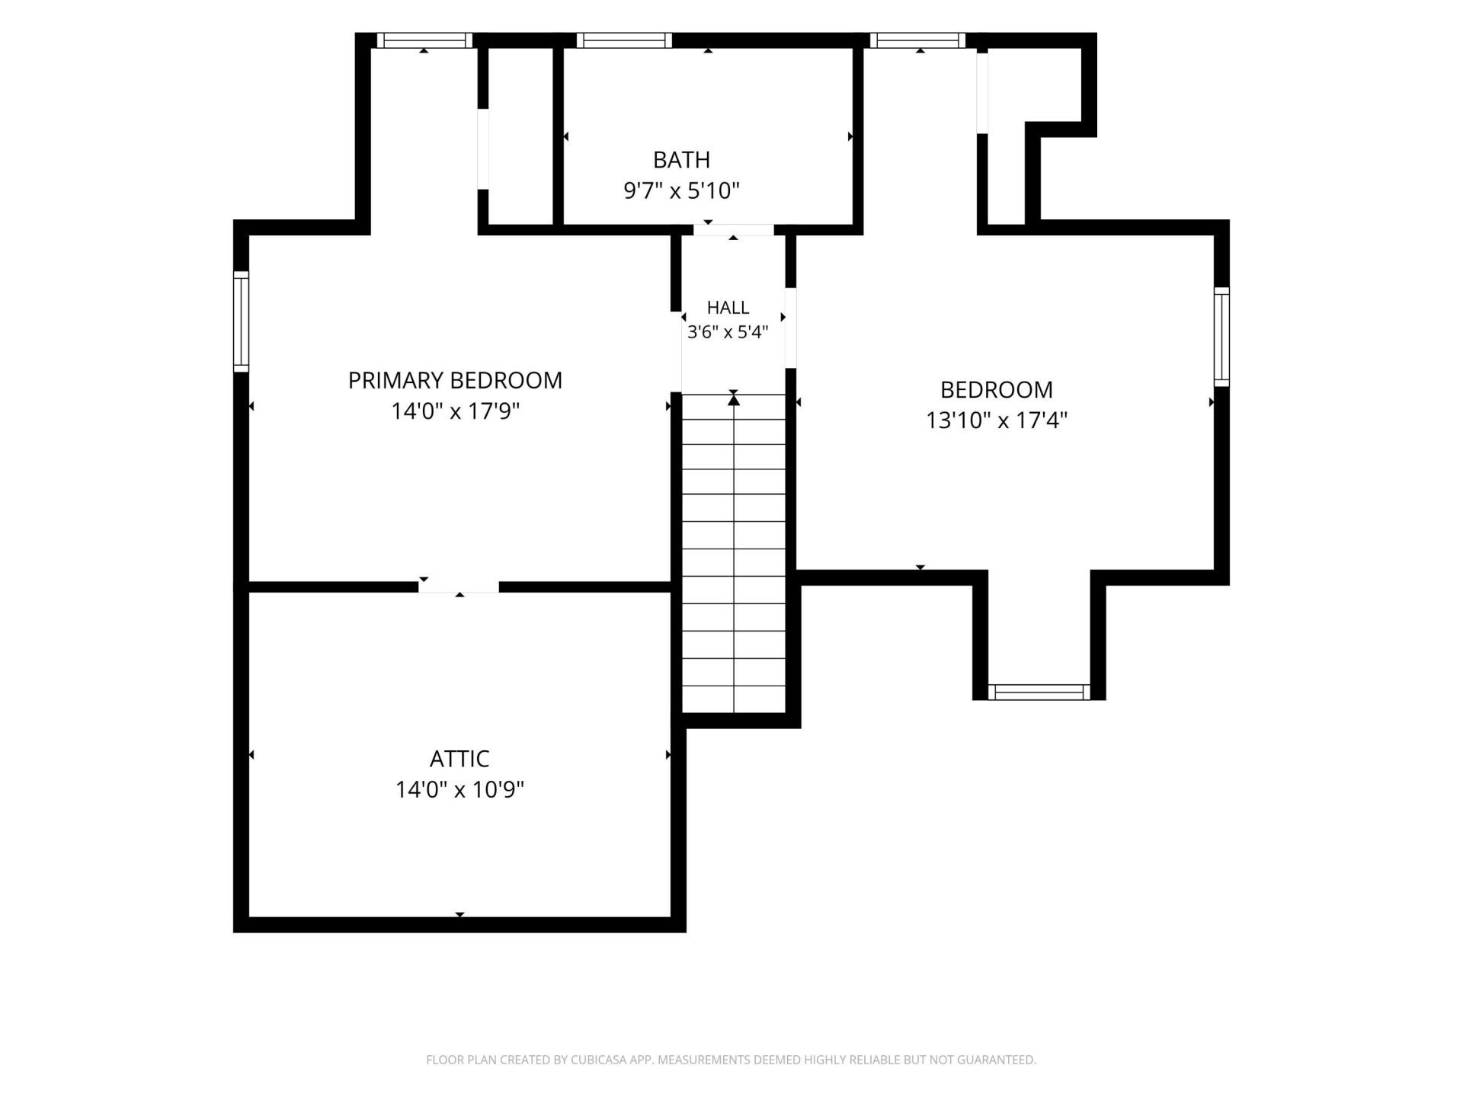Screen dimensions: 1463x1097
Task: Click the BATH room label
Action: pyautogui.click(x=681, y=160)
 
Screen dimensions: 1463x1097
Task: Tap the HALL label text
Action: pyautogui.click(x=728, y=308)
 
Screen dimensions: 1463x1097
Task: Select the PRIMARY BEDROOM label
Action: pyautogui.click(x=455, y=380)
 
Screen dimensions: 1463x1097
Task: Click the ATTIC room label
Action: pyautogui.click(x=459, y=759)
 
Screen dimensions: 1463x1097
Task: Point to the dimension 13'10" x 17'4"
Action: pyautogui.click(x=997, y=421)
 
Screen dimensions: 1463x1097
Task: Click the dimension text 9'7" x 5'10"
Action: pyautogui.click(x=682, y=190)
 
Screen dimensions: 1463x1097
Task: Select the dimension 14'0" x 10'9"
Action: pyautogui.click(x=459, y=789)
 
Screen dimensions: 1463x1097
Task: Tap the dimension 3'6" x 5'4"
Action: pyautogui.click(x=728, y=332)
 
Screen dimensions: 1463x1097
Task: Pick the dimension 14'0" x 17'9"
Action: pyautogui.click(x=455, y=411)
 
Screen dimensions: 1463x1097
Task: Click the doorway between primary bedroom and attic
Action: pyautogui.click(x=459, y=587)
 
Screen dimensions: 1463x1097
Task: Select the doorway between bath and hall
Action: pyautogui.click(x=733, y=230)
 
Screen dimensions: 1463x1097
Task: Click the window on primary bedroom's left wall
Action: pyautogui.click(x=241, y=321)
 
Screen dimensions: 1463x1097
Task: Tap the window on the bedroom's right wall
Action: pyautogui.click(x=1221, y=337)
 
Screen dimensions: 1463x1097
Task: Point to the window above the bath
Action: pyautogui.click(x=624, y=40)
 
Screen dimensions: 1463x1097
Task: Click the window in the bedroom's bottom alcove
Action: pyautogui.click(x=1039, y=692)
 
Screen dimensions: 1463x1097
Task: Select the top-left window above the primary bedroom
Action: pyautogui.click(x=424, y=40)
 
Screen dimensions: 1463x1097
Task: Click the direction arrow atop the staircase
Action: pyautogui.click(x=734, y=398)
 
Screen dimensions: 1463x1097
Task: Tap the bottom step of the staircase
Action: pyautogui.click(x=734, y=699)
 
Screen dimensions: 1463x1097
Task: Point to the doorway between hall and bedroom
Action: pyautogui.click(x=790, y=328)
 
